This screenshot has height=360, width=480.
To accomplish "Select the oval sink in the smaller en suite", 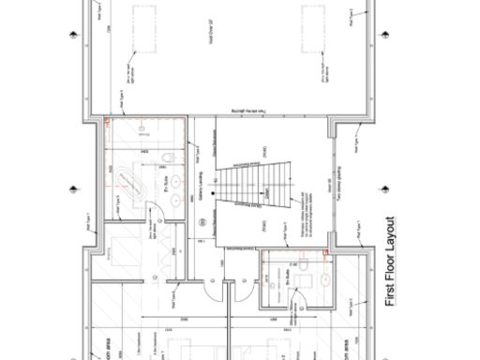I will click(324, 278).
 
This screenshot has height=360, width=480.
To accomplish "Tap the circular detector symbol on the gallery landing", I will click(202, 220).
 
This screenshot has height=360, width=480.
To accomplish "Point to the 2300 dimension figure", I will click(185, 321).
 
